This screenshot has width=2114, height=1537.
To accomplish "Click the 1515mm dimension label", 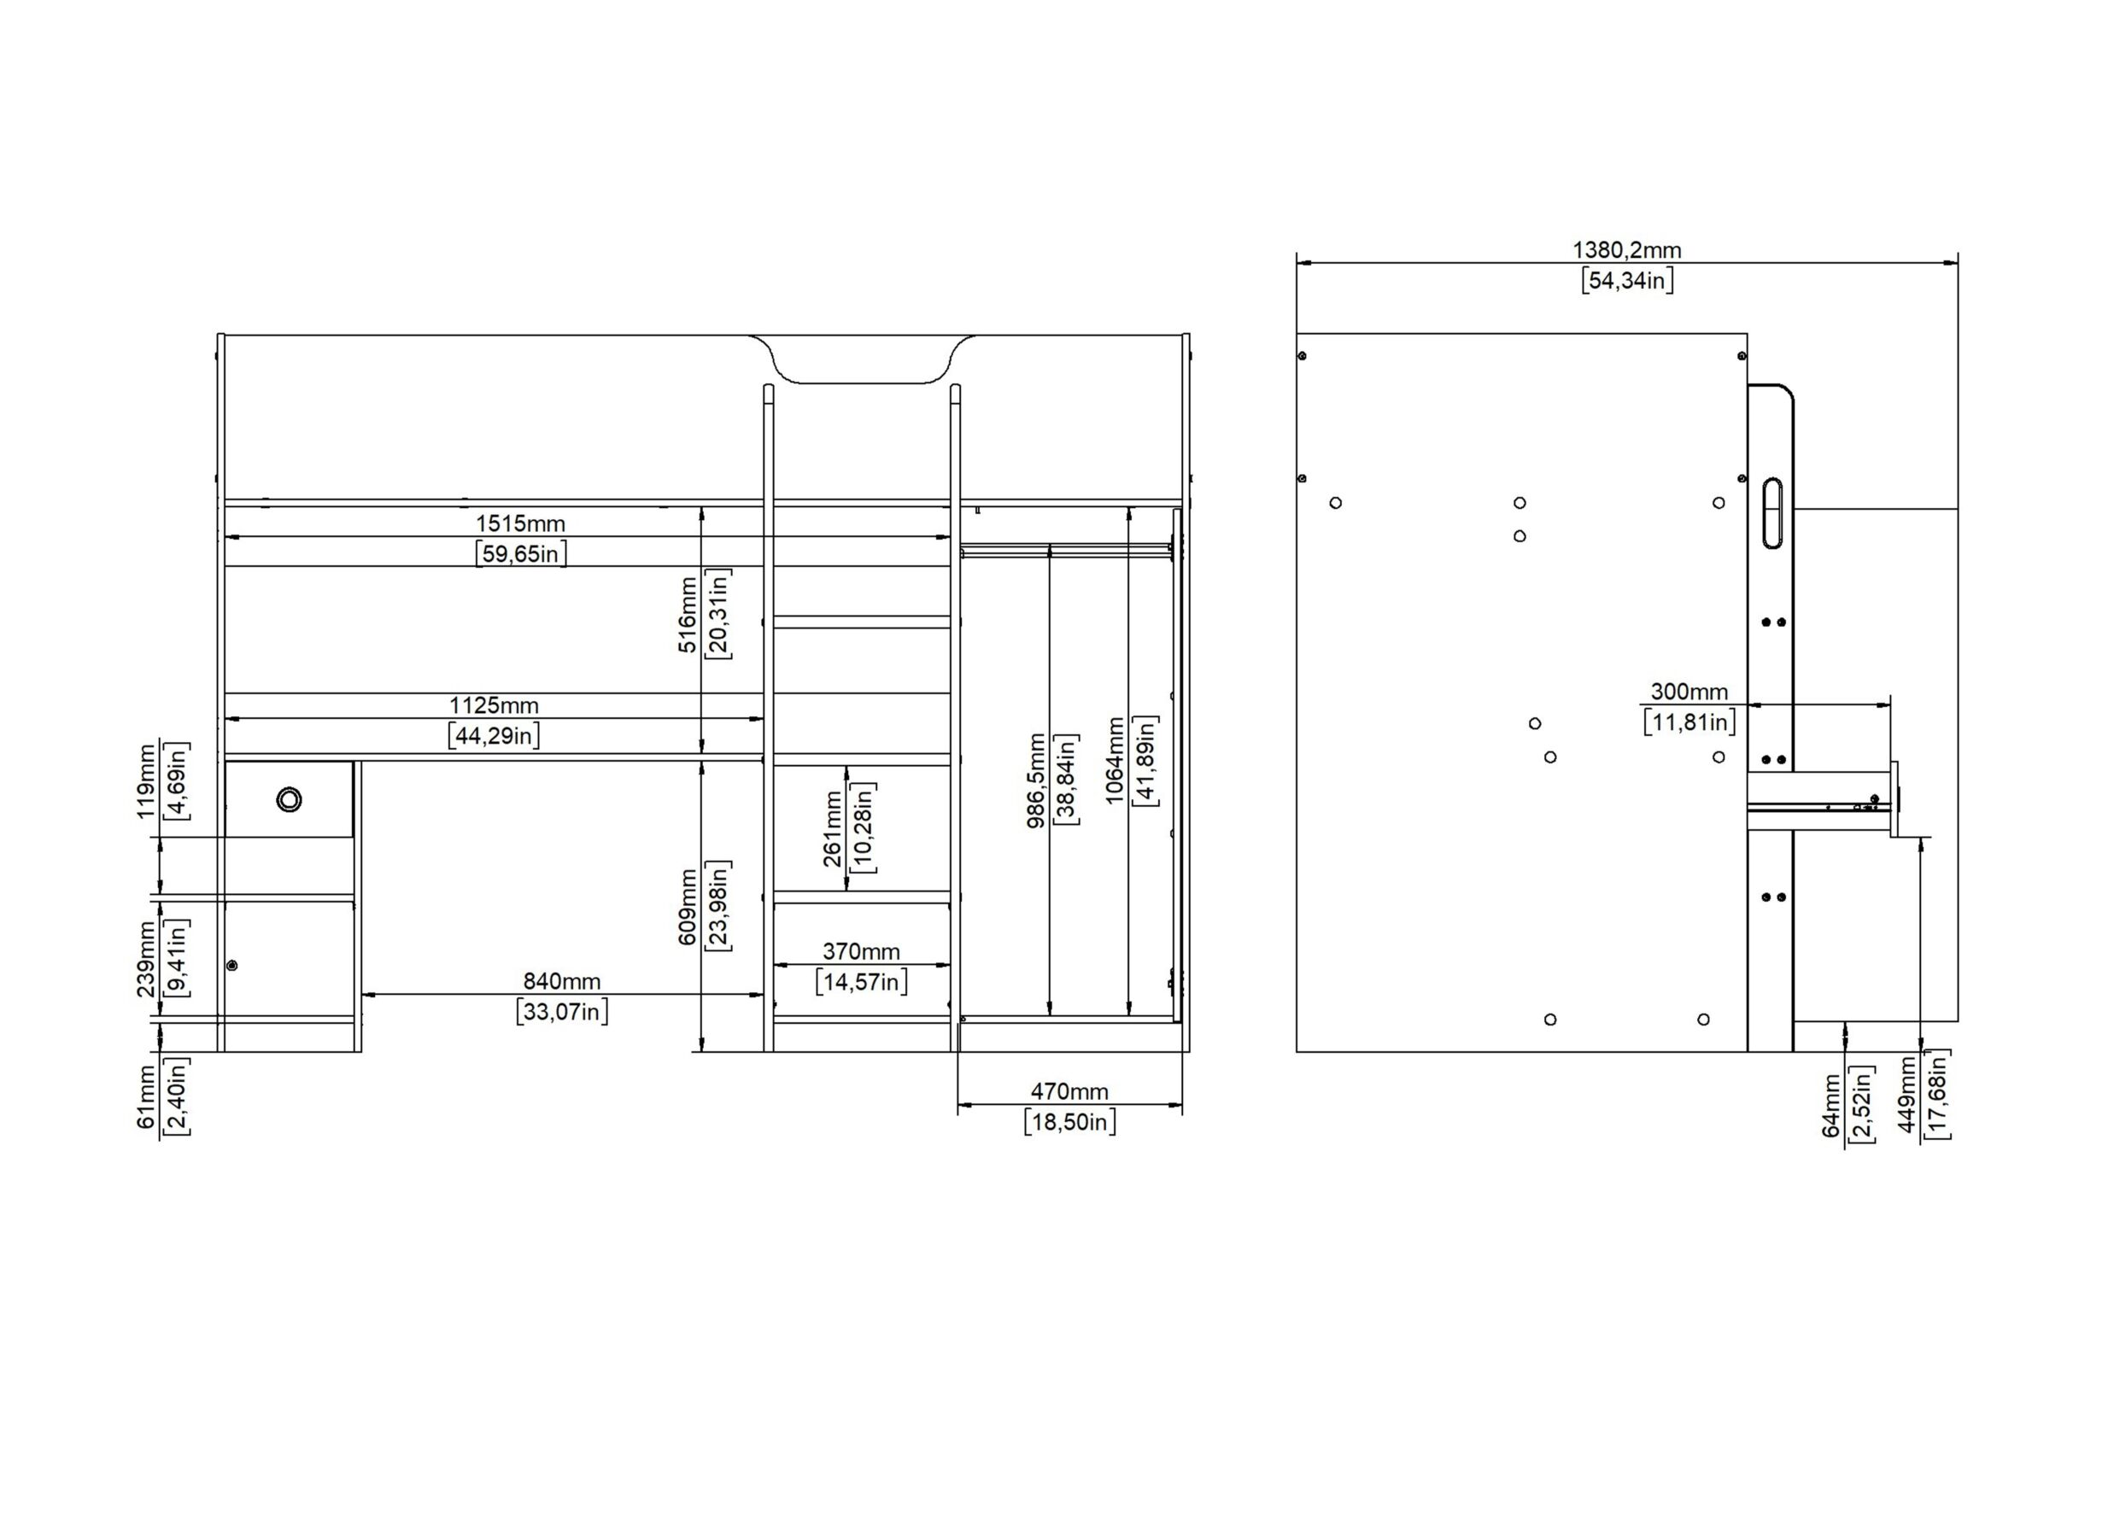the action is click(x=520, y=523).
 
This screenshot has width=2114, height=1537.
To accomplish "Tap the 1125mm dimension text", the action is click(x=494, y=705).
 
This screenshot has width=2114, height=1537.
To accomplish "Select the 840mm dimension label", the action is click(x=562, y=980).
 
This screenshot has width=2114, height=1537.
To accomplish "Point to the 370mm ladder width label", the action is click(x=861, y=951).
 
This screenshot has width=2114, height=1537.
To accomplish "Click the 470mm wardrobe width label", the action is click(x=1069, y=1091).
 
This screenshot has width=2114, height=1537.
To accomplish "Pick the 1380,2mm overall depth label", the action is click(x=1627, y=250).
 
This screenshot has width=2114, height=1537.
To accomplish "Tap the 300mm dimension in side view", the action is click(x=1689, y=692).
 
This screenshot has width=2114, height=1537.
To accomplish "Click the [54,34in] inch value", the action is click(x=1627, y=281).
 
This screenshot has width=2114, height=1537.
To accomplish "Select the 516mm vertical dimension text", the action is click(x=688, y=614).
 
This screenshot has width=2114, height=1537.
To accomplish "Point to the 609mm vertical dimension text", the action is click(x=688, y=907).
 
